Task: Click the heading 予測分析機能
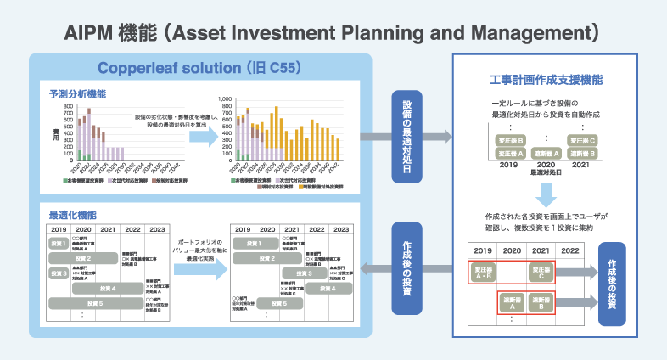point(77,93)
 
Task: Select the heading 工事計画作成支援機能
point(546,80)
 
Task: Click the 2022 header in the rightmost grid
point(569,251)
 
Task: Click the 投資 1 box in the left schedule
point(59,244)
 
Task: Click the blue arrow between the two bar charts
point(201,138)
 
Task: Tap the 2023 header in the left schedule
point(158,229)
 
